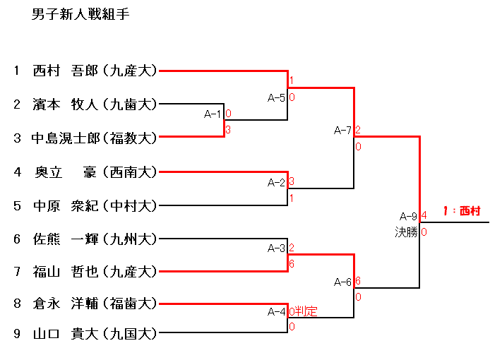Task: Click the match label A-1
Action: [x=213, y=114]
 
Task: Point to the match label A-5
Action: [x=276, y=97]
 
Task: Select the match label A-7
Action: [x=342, y=130]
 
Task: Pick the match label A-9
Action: [x=408, y=216]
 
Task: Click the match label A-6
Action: [x=342, y=282]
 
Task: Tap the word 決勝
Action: [x=406, y=232]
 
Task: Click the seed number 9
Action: [x=16, y=334]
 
